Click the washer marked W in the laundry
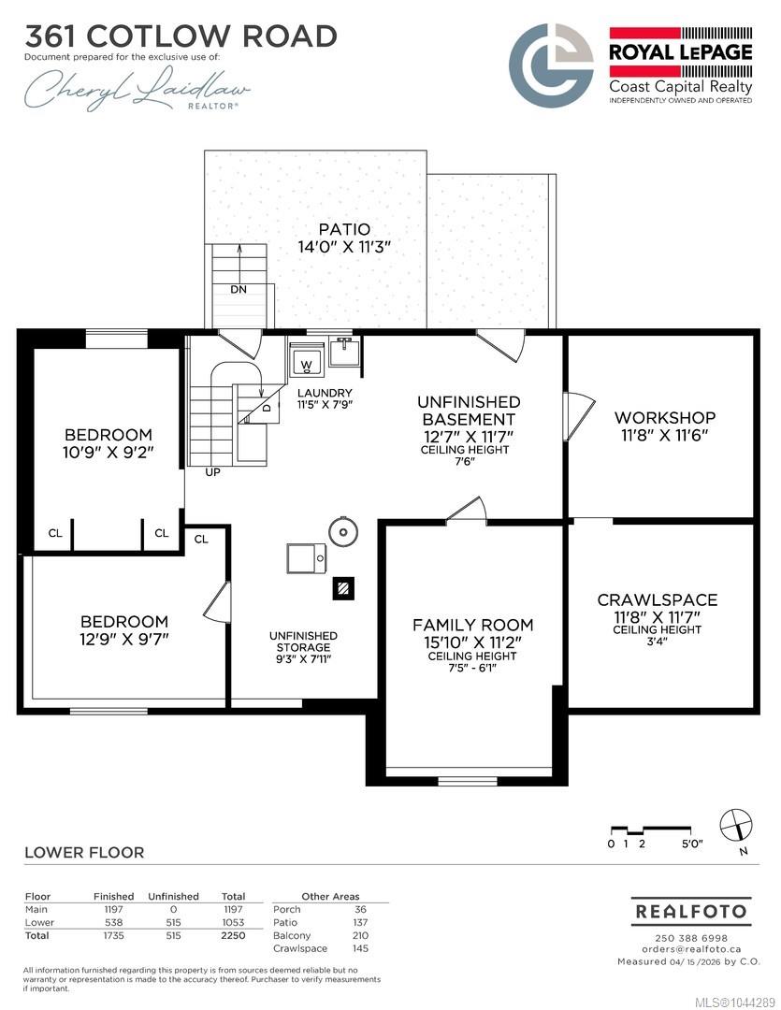click(x=306, y=359)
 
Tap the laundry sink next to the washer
click(x=344, y=351)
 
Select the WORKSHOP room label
click(x=664, y=417)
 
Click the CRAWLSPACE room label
click(x=658, y=599)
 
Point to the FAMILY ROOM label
click(x=473, y=625)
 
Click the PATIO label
click(x=345, y=229)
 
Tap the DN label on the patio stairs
click(x=239, y=290)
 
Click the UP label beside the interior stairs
click(x=212, y=472)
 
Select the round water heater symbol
click(x=343, y=532)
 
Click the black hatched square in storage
click(x=343, y=588)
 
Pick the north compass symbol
click(x=736, y=825)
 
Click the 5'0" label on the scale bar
click(x=692, y=844)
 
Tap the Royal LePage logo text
click(x=681, y=52)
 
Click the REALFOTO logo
click(x=691, y=912)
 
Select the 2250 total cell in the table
click(x=233, y=935)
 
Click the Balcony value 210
click(x=360, y=935)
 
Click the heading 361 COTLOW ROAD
click(x=181, y=36)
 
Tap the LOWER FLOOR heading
click(x=84, y=852)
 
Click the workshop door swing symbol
click(x=579, y=416)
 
